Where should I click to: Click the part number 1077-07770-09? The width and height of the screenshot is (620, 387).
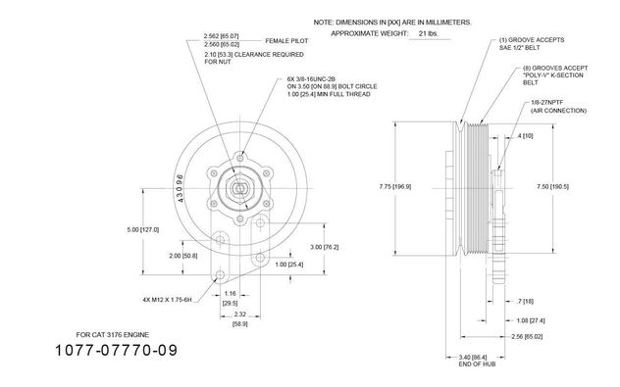tap(116, 351)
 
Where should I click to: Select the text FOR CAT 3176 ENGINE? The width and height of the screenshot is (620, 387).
tap(113, 335)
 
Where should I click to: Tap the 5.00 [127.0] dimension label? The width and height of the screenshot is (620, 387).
tap(143, 230)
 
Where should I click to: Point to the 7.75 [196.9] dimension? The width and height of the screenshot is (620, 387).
tap(395, 187)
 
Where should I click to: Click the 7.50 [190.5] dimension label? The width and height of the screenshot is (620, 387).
tap(552, 187)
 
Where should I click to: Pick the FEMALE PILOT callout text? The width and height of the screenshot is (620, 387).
tap(286, 41)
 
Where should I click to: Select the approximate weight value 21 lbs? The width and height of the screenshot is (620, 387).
tap(429, 33)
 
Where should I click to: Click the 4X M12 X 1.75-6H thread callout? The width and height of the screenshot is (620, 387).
tap(167, 300)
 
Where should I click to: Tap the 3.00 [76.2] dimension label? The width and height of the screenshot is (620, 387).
tap(325, 247)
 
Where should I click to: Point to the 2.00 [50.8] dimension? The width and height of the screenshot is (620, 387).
tap(183, 256)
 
